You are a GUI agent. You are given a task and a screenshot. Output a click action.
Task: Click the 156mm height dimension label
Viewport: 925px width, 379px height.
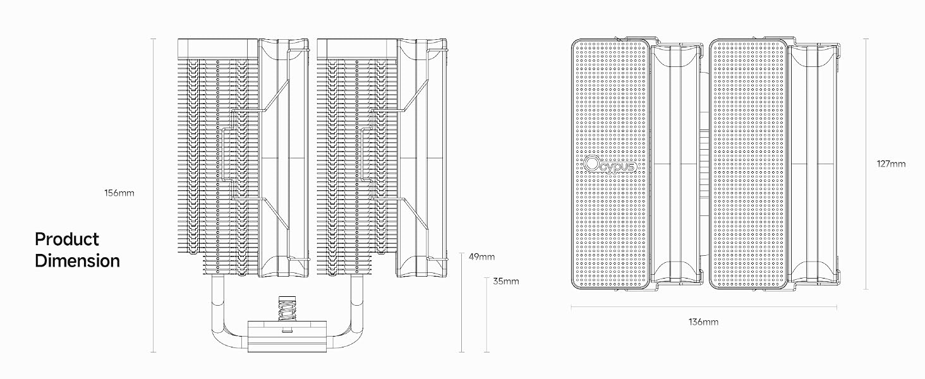point(119,193)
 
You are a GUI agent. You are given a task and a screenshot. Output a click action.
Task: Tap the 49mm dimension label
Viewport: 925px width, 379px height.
point(481,257)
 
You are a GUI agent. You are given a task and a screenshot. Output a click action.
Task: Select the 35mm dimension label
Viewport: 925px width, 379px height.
point(506,281)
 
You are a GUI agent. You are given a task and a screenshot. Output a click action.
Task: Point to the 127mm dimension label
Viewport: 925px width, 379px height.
point(891,164)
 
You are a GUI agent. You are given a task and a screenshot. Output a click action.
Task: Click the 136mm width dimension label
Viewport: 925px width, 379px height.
point(703,322)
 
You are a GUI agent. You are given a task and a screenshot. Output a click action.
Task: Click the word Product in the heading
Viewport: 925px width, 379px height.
point(67,239)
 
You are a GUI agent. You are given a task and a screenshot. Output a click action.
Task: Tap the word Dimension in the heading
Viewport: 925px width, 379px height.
point(77,261)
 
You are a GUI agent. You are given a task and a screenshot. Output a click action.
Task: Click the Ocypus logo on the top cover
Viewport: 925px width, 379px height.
point(610,165)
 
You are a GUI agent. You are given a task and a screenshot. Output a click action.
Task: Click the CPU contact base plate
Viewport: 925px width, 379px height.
point(287,337)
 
